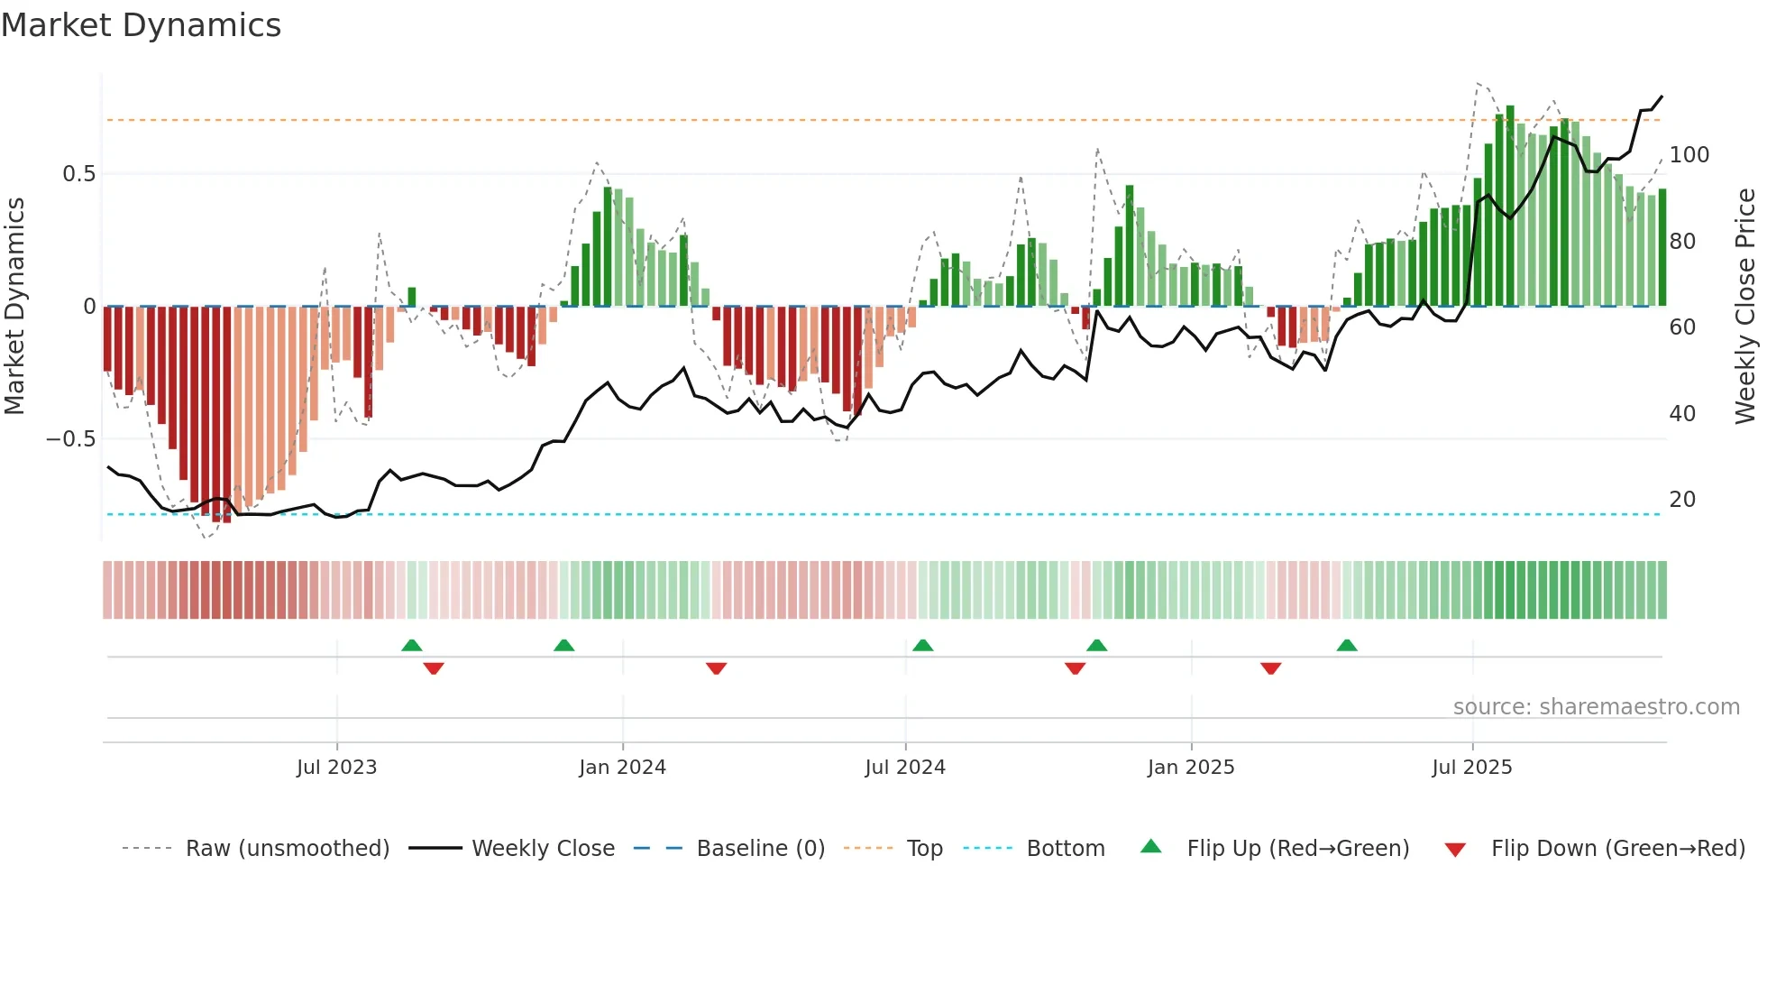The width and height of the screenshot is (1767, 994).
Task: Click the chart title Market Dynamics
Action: click(142, 25)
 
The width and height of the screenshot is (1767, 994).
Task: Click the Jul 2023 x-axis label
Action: click(336, 768)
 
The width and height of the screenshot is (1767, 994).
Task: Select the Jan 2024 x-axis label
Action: click(622, 768)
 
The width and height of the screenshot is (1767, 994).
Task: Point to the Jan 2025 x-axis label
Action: click(1190, 768)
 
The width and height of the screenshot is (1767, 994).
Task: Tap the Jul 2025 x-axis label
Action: click(1471, 768)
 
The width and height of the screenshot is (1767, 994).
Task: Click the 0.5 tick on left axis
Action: click(78, 174)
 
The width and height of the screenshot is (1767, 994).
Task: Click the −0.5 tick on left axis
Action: click(71, 439)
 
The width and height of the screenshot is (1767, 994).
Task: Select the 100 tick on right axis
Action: click(1689, 155)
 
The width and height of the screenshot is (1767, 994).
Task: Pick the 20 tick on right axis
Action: click(1682, 500)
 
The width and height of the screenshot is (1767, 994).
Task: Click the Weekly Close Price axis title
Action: click(1745, 307)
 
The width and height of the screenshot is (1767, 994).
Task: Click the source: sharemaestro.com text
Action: click(1596, 707)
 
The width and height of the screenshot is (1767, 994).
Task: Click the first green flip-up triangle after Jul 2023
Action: click(412, 645)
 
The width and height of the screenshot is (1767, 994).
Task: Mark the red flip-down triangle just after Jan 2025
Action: click(1271, 668)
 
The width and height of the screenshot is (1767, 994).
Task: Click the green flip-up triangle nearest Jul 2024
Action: click(922, 645)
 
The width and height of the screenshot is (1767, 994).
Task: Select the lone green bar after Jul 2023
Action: click(412, 297)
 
